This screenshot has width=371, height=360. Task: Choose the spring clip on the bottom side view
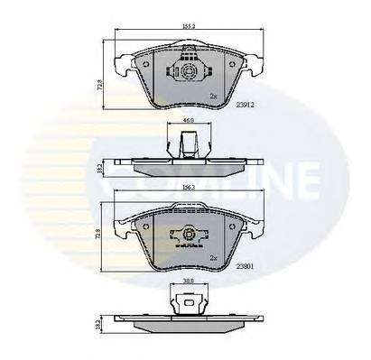[188, 303]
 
